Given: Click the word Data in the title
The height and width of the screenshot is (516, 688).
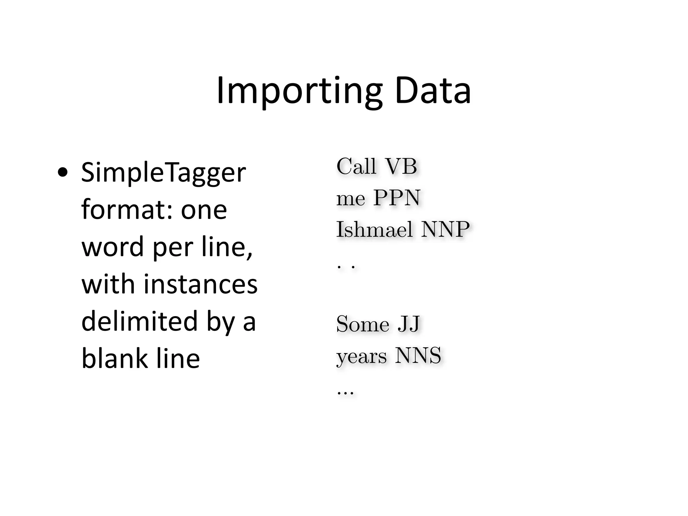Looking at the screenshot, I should tap(433, 91).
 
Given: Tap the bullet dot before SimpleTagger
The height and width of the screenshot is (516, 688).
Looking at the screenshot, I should tap(62, 173).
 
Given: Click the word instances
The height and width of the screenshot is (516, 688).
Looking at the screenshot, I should tap(201, 284).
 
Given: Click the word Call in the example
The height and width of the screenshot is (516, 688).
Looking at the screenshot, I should tap(356, 166).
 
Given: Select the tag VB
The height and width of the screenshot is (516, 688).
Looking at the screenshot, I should tap(401, 166).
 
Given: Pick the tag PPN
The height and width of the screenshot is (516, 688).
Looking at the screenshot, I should tap(397, 198).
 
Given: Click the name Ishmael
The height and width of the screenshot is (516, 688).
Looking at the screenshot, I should tap(374, 229).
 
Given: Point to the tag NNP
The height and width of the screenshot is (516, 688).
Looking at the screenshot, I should tap(445, 229).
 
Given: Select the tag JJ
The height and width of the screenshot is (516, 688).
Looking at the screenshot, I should tap(408, 324).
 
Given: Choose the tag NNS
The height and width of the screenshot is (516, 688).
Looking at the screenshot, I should tap(418, 356).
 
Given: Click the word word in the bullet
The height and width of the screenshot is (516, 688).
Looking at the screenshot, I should tap(113, 247).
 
